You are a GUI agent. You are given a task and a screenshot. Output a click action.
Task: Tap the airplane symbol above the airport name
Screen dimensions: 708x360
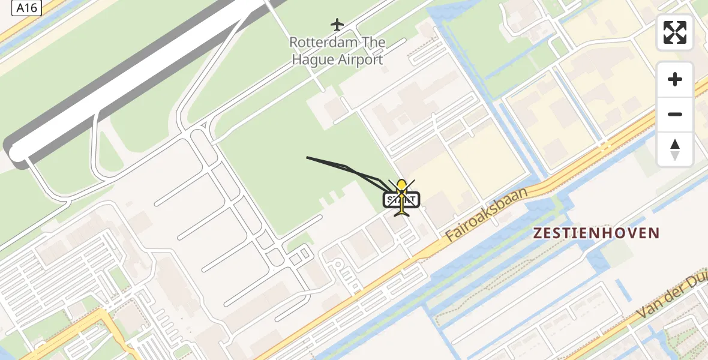337,25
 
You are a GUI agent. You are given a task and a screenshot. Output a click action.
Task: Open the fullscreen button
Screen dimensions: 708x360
675,32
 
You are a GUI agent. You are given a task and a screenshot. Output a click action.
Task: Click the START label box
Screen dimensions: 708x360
402,200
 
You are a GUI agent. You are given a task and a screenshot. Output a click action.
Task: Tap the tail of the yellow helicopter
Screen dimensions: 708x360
402,212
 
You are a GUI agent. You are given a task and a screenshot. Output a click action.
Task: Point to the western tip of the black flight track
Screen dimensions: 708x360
307,157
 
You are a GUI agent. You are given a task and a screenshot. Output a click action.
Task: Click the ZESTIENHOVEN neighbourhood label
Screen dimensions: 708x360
597,233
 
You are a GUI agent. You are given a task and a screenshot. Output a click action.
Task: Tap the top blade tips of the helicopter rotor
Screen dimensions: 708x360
402,180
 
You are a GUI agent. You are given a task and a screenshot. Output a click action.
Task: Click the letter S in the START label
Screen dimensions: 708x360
391,200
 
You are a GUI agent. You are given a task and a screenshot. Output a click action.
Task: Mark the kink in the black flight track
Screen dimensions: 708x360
347,166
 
